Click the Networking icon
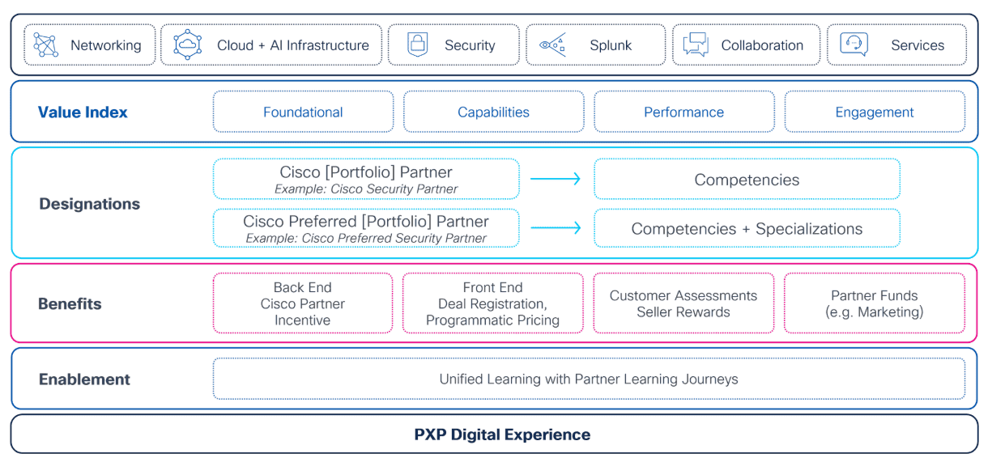(45, 45)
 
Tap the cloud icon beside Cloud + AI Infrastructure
(188, 45)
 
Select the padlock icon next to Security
(417, 45)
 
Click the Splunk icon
(553, 45)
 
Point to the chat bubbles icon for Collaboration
(695, 45)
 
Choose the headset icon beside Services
(854, 45)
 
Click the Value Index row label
(83, 112)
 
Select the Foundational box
(303, 112)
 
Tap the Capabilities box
(493, 112)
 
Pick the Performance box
(683, 112)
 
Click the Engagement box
(875, 112)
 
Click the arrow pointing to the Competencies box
(556, 180)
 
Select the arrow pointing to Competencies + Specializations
(556, 229)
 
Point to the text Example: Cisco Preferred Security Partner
(366, 239)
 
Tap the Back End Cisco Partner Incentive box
(303, 303)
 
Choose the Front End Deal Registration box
(492, 303)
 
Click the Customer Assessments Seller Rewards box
(683, 303)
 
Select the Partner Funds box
(875, 303)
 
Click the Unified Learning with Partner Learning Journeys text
(589, 379)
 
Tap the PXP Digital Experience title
(502, 434)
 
